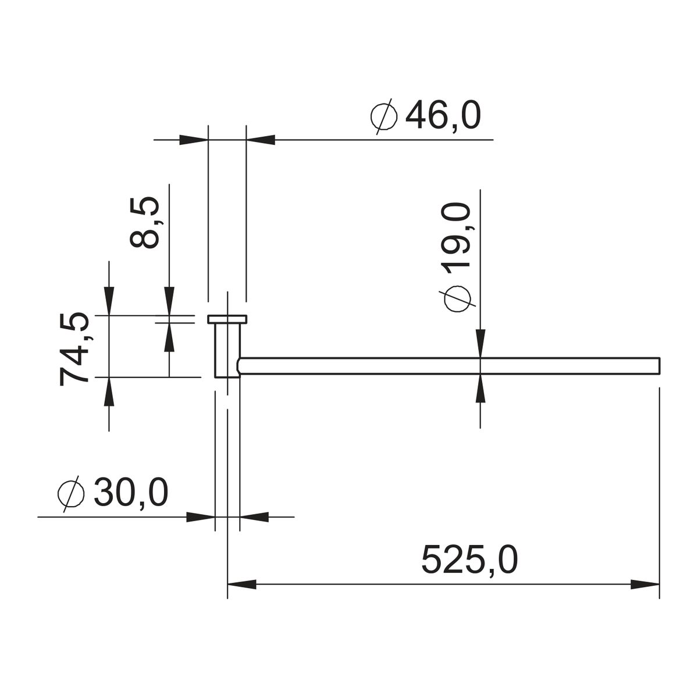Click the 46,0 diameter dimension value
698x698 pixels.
pyautogui.click(x=443, y=115)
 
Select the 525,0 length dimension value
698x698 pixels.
pyautogui.click(x=470, y=560)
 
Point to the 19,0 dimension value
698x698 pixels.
pyautogui.click(x=455, y=236)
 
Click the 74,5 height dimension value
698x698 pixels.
pyautogui.click(x=74, y=349)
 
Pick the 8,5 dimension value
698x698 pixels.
pyautogui.click(x=144, y=222)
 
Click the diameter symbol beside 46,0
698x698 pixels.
pyautogui.click(x=384, y=116)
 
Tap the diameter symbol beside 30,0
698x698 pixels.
pyautogui.click(x=72, y=494)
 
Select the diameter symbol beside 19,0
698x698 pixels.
pyautogui.click(x=457, y=299)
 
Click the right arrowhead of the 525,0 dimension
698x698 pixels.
pyautogui.click(x=644, y=585)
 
